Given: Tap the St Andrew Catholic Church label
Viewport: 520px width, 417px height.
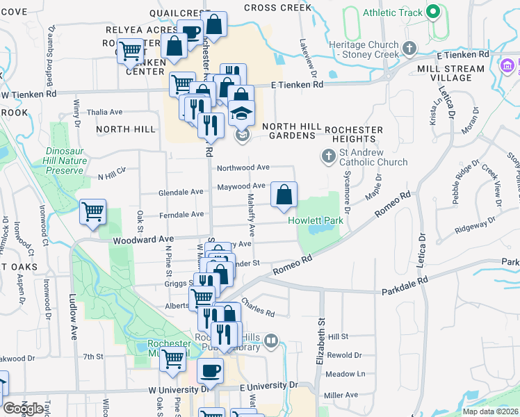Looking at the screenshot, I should point(373,163).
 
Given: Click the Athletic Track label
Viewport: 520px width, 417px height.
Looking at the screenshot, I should point(393,12).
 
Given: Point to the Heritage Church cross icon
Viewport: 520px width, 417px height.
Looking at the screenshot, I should point(409,48).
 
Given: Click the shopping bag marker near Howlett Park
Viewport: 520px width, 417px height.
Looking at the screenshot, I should point(284,195).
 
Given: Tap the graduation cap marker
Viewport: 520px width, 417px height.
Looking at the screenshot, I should point(242,113).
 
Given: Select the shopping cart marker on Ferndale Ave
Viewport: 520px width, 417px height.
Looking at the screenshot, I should point(92,212).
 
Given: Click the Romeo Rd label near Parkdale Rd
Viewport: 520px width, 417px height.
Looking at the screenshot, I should point(291,263).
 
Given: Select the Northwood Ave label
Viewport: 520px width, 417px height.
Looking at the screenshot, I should point(243,167).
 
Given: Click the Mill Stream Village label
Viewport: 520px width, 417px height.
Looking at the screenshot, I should point(450,73).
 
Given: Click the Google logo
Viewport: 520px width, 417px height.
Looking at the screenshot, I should point(24,409).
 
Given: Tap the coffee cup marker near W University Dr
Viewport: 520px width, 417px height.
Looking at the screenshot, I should point(210,370).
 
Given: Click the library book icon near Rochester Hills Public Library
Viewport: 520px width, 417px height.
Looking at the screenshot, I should point(271,341).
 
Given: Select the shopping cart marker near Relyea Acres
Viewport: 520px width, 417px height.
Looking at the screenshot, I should point(130,50).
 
